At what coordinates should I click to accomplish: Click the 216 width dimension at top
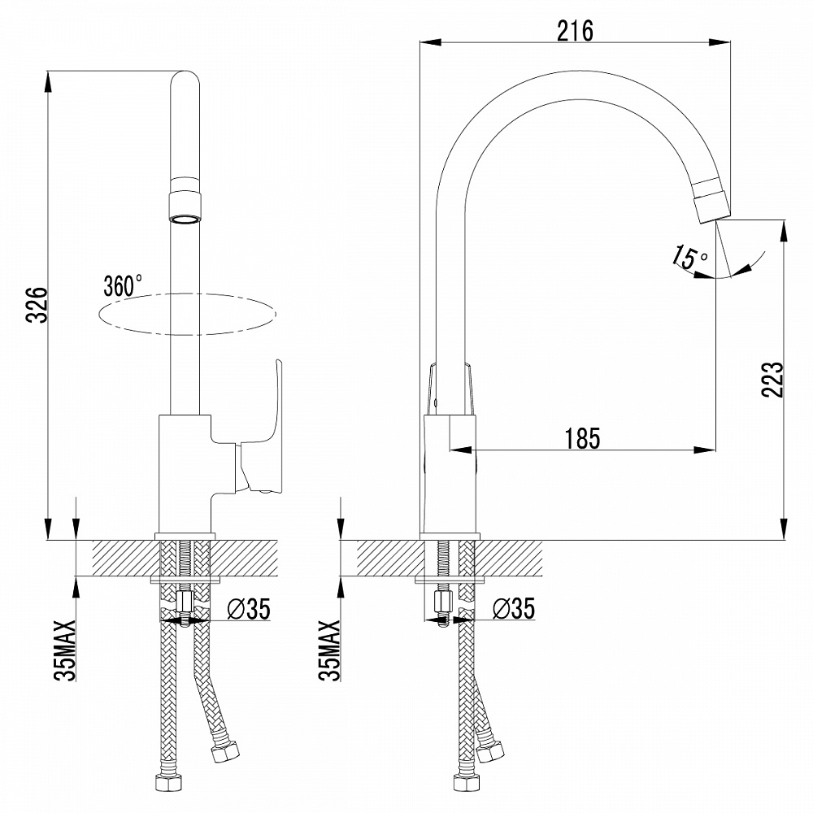575,30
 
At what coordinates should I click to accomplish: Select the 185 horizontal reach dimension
583,438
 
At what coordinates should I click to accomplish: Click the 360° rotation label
123,285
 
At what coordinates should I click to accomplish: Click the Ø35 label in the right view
513,608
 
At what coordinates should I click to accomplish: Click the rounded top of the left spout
185,81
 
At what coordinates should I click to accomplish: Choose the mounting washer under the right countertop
450,580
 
